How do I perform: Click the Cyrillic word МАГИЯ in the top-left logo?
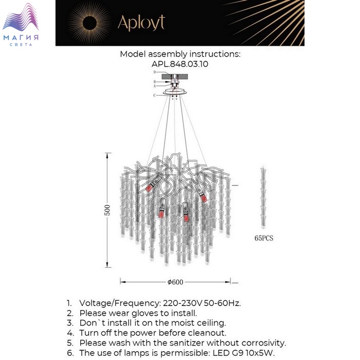[21, 38]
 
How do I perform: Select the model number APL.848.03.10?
[180, 64]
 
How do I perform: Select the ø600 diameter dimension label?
[175, 282]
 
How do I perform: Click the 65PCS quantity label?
[264, 238]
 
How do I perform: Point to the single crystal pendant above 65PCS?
[264, 198]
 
